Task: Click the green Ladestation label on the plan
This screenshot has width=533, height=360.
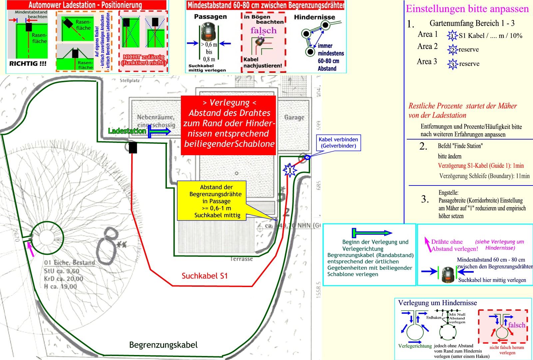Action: (x=127, y=131)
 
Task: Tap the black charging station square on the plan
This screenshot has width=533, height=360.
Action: (x=133, y=148)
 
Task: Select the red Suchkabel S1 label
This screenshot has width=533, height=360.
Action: (x=205, y=276)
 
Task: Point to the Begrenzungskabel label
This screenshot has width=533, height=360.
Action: (x=163, y=345)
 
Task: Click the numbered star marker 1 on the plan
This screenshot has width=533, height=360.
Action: (x=289, y=171)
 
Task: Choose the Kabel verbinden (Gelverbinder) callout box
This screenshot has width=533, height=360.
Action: (x=338, y=143)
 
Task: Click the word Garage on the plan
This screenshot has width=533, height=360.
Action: (x=294, y=117)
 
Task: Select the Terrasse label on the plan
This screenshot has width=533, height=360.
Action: (x=242, y=259)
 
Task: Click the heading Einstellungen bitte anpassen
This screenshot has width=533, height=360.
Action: (x=467, y=9)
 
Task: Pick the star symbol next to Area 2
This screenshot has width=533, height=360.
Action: (x=453, y=50)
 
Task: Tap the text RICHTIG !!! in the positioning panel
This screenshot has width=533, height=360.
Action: (x=28, y=64)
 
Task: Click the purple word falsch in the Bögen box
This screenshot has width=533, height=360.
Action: (x=264, y=31)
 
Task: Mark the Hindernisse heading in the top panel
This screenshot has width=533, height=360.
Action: (x=314, y=17)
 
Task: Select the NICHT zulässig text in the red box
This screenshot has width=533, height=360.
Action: (x=144, y=60)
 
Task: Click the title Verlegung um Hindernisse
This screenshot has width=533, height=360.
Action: (x=437, y=303)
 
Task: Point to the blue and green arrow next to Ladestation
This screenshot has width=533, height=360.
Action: (x=159, y=132)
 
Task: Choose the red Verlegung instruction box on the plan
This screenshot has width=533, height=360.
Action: (x=229, y=125)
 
